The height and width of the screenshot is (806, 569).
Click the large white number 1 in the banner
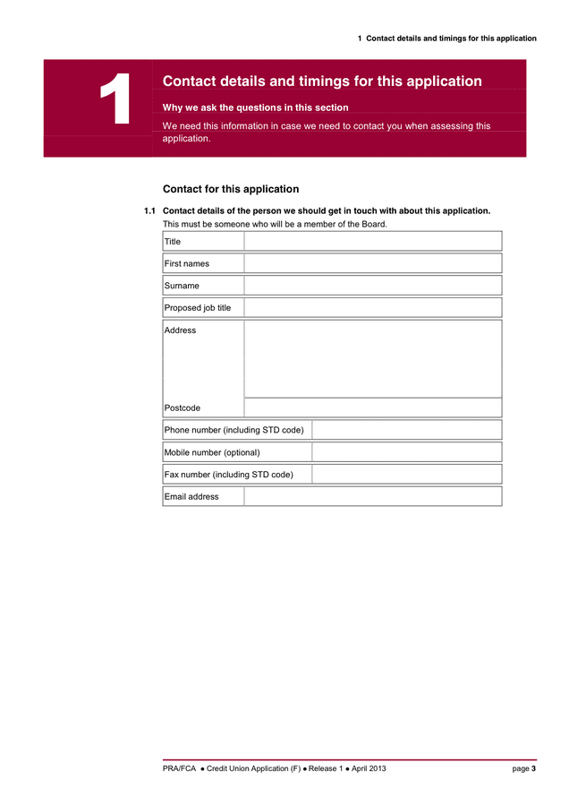coord(115,100)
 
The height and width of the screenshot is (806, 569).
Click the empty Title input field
coord(372,241)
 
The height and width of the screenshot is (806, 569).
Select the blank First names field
coord(372,263)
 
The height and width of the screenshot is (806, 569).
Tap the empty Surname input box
coord(372,286)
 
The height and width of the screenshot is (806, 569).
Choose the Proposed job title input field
coord(372,307)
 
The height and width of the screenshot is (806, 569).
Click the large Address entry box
coord(372,358)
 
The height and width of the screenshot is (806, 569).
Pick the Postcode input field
coord(372,407)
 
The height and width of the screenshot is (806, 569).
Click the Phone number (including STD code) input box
coord(406,430)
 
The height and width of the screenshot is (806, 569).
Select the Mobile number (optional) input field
coord(406,452)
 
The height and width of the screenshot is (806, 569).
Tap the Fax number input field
coord(406,474)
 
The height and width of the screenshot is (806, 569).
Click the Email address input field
coord(372,496)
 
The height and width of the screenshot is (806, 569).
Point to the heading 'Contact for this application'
coord(231,189)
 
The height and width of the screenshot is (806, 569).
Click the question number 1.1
coord(149,211)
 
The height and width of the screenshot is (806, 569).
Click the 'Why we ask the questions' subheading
coord(255,107)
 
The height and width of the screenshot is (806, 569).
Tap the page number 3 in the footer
coord(534,768)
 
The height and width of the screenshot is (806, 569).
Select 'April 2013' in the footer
coord(369,768)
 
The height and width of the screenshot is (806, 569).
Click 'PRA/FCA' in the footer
coord(179,768)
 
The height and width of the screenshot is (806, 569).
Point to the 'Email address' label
coord(191,496)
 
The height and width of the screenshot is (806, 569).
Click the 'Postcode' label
coord(183,408)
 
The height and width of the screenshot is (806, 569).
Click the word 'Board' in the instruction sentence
coord(373,224)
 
